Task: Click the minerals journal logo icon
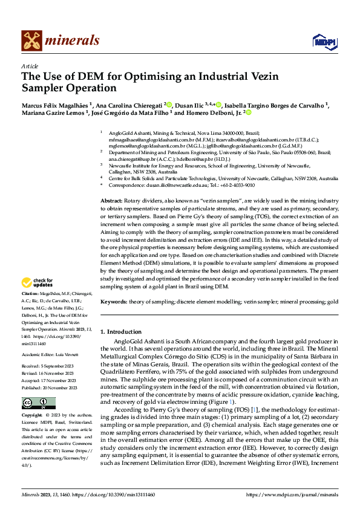pyautogui.click(x=31, y=41)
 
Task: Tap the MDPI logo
pyautogui.click(x=321, y=41)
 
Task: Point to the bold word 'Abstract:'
pyautogui.click(x=111, y=199)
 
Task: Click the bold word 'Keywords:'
pyautogui.click(x=113, y=300)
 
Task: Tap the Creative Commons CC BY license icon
pyautogui.click(x=38, y=386)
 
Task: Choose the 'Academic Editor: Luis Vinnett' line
pyautogui.click(x=47, y=339)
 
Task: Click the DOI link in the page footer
pyautogui.click(x=121, y=494)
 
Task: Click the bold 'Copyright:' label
pyautogui.click(x=32, y=399)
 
